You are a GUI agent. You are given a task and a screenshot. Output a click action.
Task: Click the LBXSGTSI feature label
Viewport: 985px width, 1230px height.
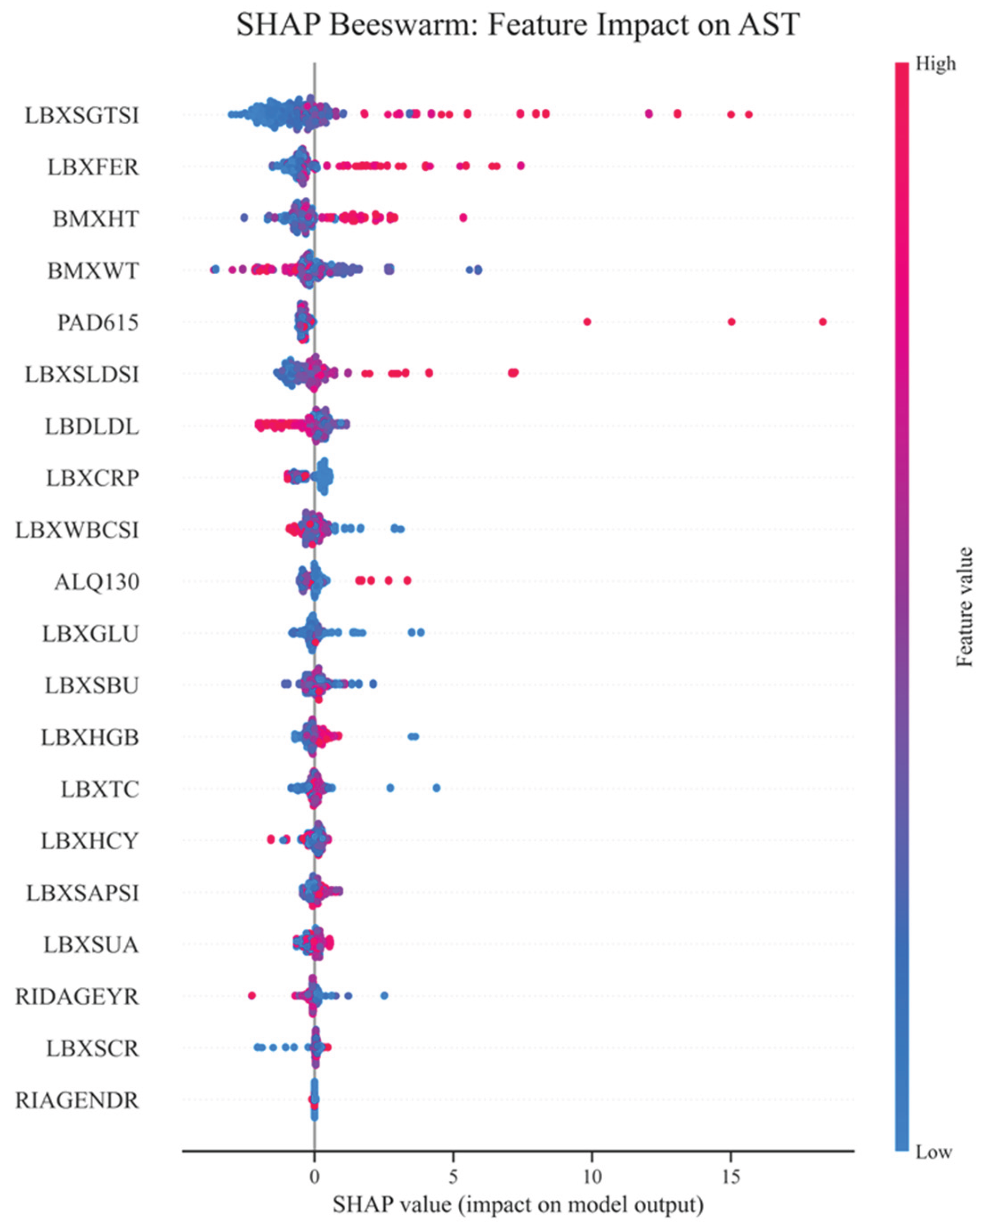pos(81,115)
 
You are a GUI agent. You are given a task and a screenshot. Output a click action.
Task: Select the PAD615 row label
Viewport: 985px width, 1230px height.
pos(97,323)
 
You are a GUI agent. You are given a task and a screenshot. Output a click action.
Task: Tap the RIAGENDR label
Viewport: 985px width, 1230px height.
pos(77,1100)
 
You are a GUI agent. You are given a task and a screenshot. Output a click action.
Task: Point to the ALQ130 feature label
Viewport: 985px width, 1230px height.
pos(97,582)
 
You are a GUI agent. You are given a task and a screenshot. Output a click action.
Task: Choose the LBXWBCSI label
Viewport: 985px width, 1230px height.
pos(77,530)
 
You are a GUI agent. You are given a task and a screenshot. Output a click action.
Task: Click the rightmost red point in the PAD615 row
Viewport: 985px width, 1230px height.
pos(822,322)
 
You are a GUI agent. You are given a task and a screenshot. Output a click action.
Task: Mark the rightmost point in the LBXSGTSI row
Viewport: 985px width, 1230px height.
pos(748,114)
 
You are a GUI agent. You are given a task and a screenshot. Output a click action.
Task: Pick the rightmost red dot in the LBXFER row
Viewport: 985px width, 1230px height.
pos(520,166)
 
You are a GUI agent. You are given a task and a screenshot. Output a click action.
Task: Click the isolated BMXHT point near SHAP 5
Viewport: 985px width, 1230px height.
pos(463,218)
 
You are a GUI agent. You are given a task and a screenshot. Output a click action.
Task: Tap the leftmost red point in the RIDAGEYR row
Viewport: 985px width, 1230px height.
pos(252,995)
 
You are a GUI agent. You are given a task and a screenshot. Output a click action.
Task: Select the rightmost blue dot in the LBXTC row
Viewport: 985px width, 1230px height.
pos(436,788)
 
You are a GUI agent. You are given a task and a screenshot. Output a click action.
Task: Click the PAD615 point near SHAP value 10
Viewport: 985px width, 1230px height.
pos(587,322)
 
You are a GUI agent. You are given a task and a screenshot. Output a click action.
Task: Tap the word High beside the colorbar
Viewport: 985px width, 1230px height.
pos(935,64)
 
